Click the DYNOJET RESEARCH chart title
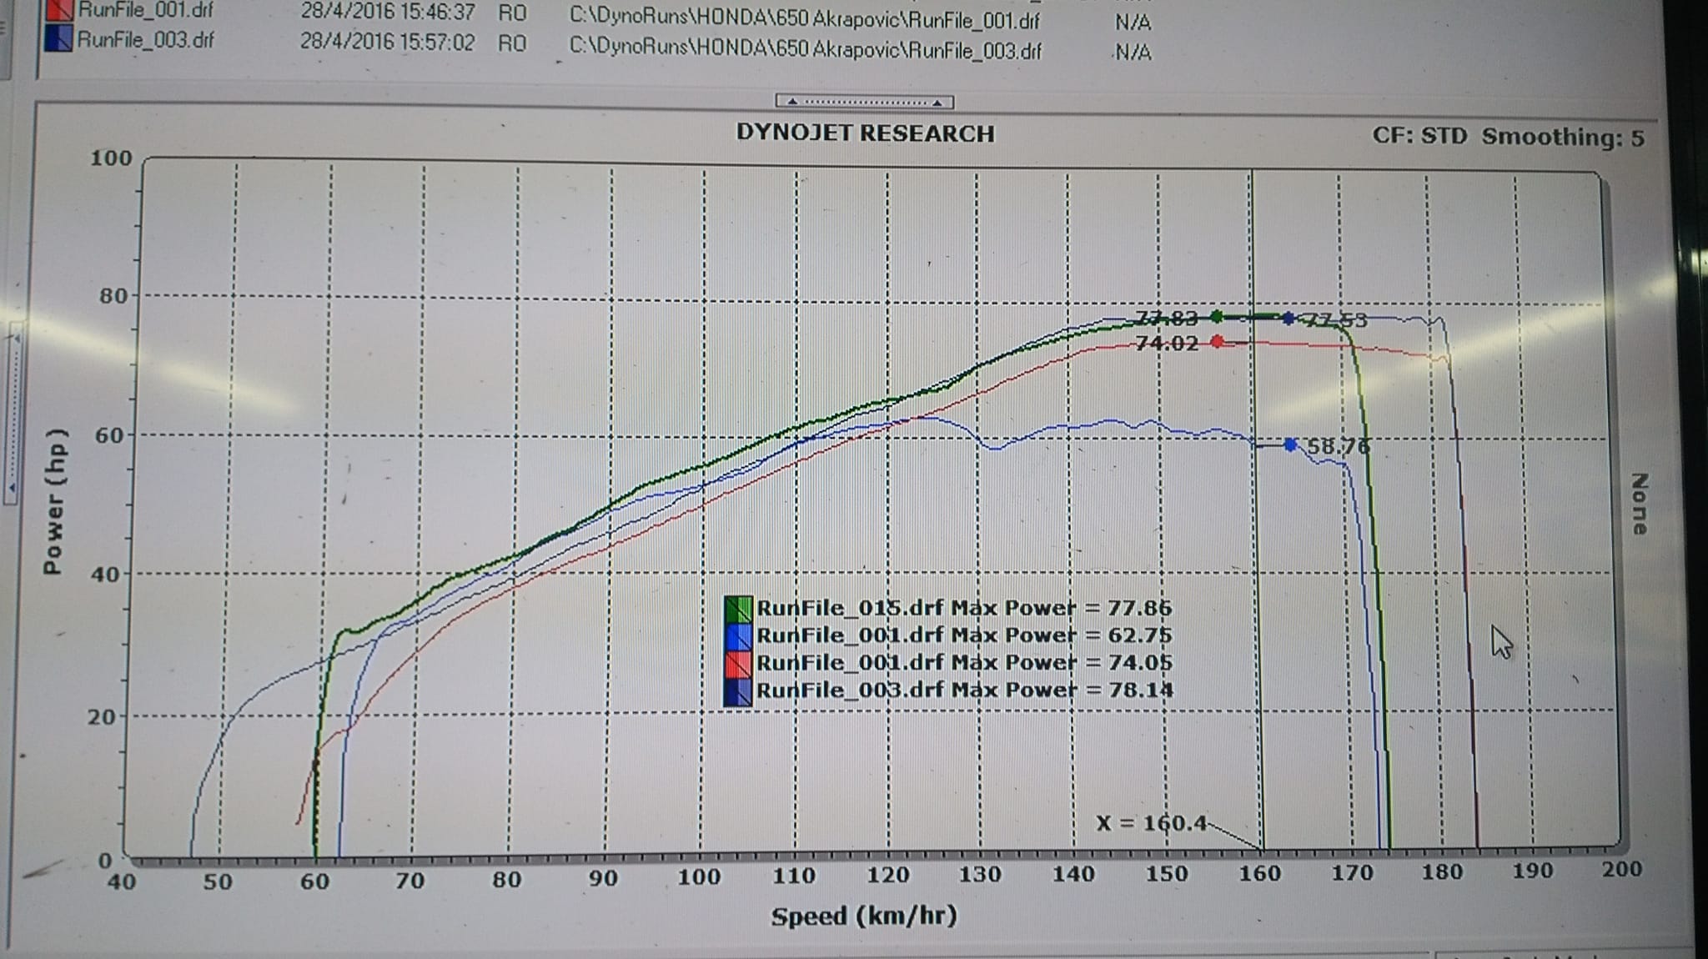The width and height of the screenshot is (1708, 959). click(865, 133)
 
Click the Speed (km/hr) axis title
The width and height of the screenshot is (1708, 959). click(864, 916)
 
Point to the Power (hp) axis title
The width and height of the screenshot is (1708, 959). click(53, 502)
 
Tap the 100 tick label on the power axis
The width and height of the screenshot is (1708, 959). click(111, 158)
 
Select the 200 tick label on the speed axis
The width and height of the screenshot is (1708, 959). click(1620, 870)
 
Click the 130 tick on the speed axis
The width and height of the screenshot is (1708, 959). click(979, 874)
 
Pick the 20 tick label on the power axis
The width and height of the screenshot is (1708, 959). click(101, 716)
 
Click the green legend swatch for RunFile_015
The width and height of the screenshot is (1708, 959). click(738, 609)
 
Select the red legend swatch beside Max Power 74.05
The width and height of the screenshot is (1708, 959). click(738, 664)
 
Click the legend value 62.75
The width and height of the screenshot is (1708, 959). click(1139, 635)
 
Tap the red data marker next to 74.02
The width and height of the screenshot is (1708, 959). click(1218, 341)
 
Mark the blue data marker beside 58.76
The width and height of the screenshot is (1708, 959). click(1291, 444)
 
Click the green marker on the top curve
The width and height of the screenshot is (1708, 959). click(1217, 316)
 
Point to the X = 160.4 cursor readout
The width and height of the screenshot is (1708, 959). click(1151, 824)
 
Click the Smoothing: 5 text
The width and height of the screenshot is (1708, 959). click(1563, 138)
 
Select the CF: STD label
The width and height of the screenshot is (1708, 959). click(1419, 136)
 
